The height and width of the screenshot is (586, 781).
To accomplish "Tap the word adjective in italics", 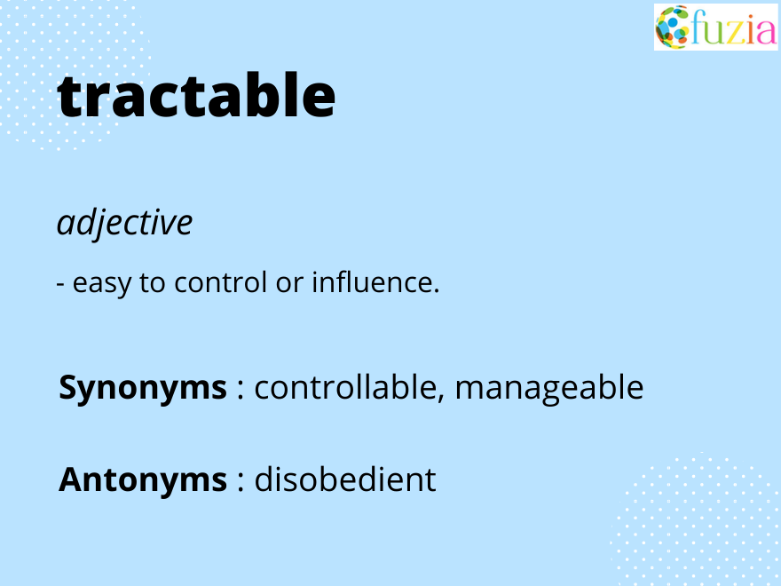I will pos(124,223).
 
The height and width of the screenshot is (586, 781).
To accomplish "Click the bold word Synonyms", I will pos(143,389).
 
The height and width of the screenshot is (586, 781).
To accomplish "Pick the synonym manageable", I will pos(549,389).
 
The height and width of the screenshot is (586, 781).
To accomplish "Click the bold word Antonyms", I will pos(143,480).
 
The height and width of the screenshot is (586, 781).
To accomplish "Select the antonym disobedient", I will pos(345,480).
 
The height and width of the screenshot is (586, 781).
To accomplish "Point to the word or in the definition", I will pos(288,285).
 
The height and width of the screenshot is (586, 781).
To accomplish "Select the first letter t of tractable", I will pos(70,97).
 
